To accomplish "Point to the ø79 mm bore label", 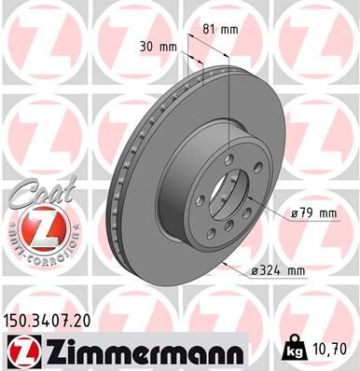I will tap(312, 213).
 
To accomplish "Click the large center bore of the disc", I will tap(229, 193).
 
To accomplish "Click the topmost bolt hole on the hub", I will tap(228, 159).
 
